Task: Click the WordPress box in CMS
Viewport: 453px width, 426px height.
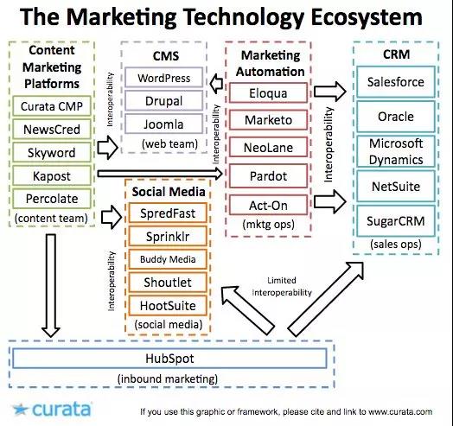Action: (x=163, y=78)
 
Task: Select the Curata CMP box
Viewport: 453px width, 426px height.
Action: (x=52, y=106)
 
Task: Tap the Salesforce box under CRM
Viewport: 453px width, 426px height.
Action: (x=396, y=82)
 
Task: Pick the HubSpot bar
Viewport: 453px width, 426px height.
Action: (x=169, y=359)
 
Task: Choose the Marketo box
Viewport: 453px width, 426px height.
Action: (x=268, y=120)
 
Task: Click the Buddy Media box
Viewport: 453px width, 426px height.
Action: (x=168, y=259)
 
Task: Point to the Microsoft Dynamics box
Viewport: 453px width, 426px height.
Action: (x=396, y=151)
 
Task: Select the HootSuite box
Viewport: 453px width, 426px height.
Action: (x=168, y=306)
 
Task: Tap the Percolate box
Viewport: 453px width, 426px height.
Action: (x=52, y=199)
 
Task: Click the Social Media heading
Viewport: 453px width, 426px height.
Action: (x=169, y=192)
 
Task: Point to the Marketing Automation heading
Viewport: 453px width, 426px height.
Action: (x=271, y=64)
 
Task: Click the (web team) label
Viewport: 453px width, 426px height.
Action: (x=169, y=143)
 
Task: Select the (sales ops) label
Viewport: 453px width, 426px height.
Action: (x=396, y=245)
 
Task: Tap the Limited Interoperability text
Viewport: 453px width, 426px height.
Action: (x=282, y=287)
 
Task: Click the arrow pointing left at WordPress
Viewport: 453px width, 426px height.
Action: (x=216, y=84)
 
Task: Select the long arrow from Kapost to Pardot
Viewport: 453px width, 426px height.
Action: (x=160, y=174)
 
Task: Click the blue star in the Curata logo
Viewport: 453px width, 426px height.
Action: (x=21, y=410)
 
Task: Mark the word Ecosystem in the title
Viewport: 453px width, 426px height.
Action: (x=367, y=17)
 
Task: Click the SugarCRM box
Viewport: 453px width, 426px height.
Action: (x=396, y=221)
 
